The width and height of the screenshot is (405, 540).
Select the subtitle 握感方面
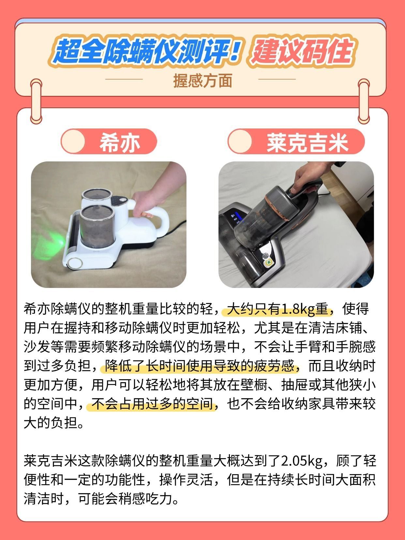pos(202,81)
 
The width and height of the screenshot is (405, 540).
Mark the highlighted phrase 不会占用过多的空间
pos(152,403)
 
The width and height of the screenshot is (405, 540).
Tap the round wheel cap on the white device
pos(75,263)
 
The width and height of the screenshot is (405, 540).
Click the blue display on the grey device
pos(235,218)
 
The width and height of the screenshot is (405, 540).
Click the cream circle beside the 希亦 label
pos(73,142)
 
